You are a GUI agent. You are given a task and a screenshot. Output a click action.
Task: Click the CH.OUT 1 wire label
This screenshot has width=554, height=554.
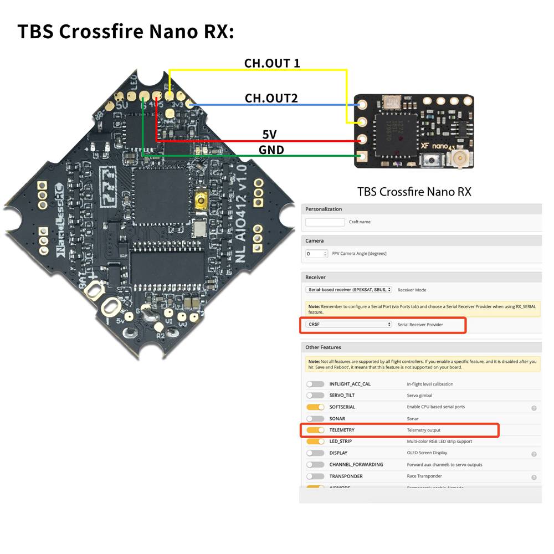click(x=272, y=63)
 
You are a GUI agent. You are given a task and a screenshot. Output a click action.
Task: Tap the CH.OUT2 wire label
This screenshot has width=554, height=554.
click(x=271, y=99)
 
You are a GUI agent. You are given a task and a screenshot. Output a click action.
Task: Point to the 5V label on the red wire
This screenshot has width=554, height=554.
click(x=269, y=135)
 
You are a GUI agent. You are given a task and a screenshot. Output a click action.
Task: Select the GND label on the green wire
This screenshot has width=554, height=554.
click(x=271, y=150)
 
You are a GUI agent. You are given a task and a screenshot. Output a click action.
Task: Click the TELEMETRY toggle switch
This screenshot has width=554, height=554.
click(x=315, y=430)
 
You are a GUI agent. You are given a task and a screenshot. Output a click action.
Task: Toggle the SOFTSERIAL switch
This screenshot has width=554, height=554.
click(x=315, y=407)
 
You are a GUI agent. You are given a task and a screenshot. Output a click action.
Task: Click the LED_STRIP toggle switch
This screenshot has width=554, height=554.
click(x=315, y=442)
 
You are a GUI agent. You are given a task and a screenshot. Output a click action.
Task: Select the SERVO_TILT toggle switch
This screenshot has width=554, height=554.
click(x=315, y=396)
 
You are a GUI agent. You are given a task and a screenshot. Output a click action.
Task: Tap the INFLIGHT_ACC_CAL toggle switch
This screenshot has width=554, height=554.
click(x=315, y=384)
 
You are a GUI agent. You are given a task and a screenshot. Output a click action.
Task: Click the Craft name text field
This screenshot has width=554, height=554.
click(x=325, y=222)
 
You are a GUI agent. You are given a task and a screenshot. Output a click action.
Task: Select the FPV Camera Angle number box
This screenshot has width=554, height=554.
click(x=316, y=254)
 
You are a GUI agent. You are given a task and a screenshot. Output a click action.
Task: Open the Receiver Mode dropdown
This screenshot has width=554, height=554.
click(x=348, y=290)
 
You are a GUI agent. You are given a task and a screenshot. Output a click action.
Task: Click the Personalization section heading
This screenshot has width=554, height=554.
click(x=324, y=209)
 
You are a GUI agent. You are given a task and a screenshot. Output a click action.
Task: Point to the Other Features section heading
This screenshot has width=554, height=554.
click(x=323, y=347)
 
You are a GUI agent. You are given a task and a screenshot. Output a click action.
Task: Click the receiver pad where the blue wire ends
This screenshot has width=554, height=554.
click(x=363, y=104)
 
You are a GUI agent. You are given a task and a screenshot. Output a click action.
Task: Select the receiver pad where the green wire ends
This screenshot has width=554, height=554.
click(x=362, y=157)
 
